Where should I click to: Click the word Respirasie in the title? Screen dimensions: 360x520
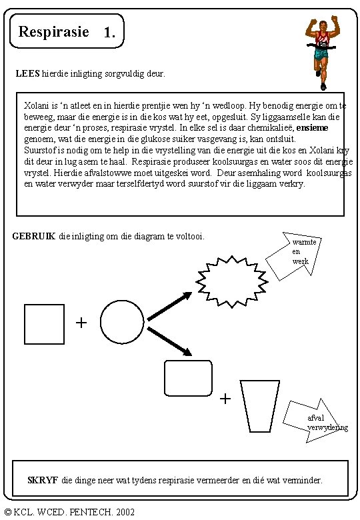(54, 32)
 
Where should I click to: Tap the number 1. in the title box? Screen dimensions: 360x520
(109, 32)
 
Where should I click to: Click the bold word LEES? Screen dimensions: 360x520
(28, 73)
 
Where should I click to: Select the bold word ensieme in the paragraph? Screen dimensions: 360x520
(312, 128)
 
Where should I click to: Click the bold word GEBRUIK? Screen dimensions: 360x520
(34, 236)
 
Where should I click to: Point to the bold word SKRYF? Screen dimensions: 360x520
(43, 480)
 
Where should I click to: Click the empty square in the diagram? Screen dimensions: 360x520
(45, 324)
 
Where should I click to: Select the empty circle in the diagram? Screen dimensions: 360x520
(122, 322)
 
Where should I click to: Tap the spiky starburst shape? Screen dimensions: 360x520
(232, 282)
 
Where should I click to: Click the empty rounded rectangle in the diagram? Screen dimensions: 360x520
(188, 379)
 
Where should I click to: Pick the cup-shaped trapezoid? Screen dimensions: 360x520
(260, 406)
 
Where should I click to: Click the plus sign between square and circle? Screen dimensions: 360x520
(81, 323)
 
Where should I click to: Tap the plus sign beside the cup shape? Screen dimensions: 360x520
(225, 398)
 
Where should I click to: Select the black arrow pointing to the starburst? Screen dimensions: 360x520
(169, 307)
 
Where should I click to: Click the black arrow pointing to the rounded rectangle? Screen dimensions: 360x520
(169, 341)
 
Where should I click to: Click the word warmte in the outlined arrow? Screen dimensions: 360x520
(304, 242)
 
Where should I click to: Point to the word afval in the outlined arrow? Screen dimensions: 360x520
(315, 418)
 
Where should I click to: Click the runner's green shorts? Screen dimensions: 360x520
(321, 55)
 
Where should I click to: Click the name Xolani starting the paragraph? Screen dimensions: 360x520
(37, 106)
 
